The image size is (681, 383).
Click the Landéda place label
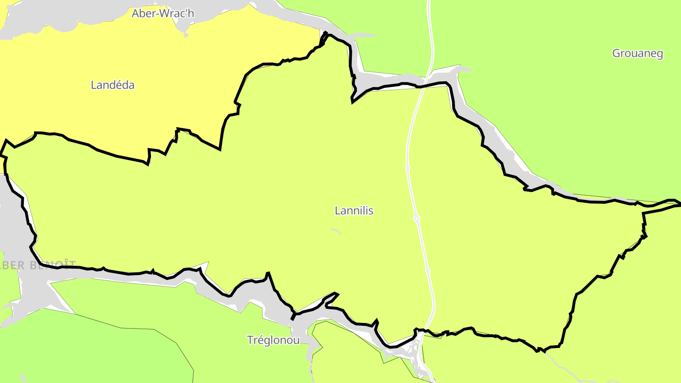point(113,85)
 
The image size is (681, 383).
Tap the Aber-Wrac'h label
point(163,13)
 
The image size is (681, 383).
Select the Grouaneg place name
point(637,53)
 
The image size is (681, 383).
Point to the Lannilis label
point(354,210)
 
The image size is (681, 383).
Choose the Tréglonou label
point(273,340)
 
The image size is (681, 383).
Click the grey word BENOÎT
point(52,265)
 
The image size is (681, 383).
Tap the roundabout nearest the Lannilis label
point(417,218)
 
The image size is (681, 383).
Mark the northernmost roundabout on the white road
point(408,168)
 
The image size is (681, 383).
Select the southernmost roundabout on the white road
point(428,270)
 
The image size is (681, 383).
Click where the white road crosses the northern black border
point(423,86)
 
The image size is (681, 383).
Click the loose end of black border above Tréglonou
point(293,318)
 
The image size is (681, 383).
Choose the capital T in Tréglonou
point(250,340)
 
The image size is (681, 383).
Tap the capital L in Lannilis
point(337,210)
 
